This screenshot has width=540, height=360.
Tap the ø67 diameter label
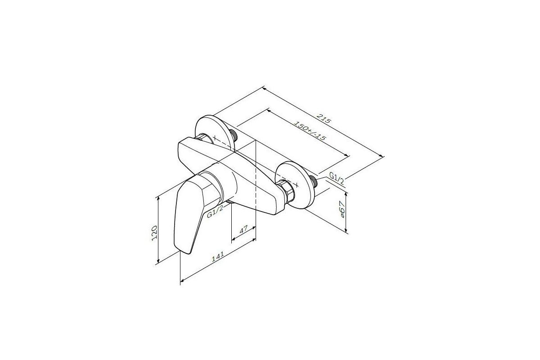342,209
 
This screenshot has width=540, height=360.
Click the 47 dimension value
243,229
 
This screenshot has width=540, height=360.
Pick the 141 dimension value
218,256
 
